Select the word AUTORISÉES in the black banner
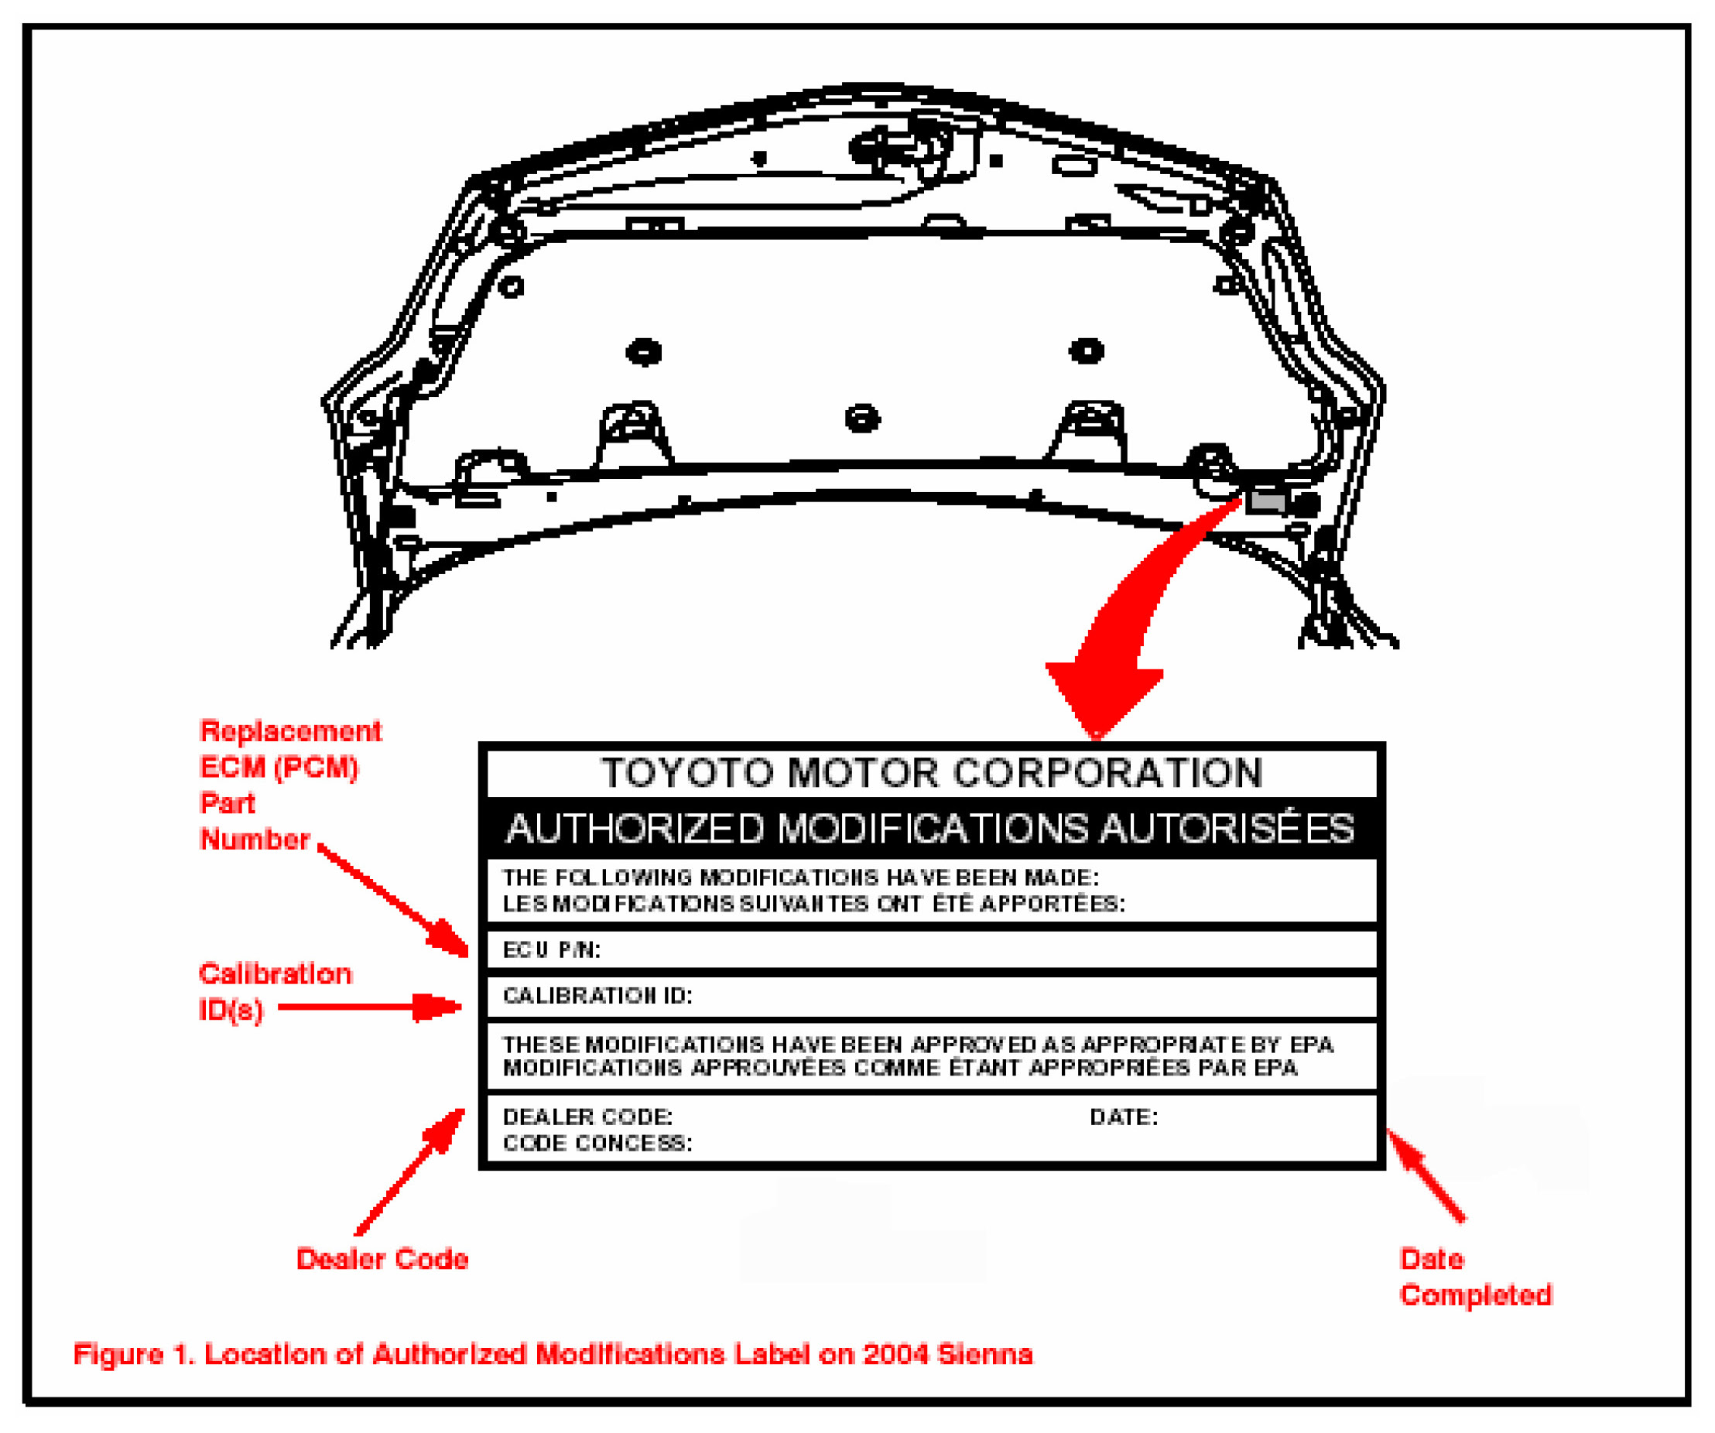[1227, 829]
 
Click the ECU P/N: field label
[551, 949]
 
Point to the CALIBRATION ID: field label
[597, 995]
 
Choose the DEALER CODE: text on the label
[587, 1117]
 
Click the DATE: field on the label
[1124, 1117]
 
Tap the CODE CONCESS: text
[597, 1143]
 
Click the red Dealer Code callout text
[382, 1258]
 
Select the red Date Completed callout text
[1475, 1276]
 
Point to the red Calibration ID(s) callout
[275, 991]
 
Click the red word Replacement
[291, 730]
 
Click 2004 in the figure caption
[896, 1354]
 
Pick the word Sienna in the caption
[985, 1354]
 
